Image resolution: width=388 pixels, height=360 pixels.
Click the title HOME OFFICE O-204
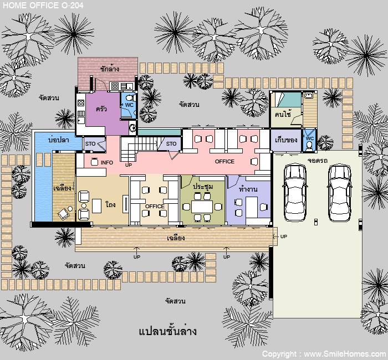[x=43, y=5]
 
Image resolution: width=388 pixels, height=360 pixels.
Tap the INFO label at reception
[x=107, y=162]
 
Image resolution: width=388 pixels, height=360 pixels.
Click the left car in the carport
[x=295, y=192]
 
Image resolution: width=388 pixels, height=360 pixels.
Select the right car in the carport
[x=340, y=192]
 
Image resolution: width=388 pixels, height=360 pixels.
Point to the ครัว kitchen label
[x=101, y=109]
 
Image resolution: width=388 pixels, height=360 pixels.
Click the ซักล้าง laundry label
[x=110, y=69]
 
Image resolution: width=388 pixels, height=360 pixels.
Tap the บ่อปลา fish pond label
[x=58, y=140]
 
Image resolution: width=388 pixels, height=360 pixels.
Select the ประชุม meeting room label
[x=203, y=186]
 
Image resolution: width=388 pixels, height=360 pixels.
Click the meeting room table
[x=202, y=207]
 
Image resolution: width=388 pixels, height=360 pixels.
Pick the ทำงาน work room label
[x=248, y=189]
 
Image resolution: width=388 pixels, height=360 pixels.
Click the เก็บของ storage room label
[x=286, y=140]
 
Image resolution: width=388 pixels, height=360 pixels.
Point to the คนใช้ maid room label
[x=283, y=114]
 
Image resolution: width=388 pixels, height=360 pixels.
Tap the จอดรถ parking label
[x=318, y=161]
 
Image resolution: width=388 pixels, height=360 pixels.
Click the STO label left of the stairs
[x=90, y=143]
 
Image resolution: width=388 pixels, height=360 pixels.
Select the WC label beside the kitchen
[x=129, y=105]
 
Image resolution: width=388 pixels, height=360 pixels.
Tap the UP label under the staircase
[x=129, y=165]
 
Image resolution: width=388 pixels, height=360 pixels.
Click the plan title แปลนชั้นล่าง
[x=168, y=331]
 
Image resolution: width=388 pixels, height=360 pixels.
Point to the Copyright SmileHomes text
[x=325, y=354]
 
